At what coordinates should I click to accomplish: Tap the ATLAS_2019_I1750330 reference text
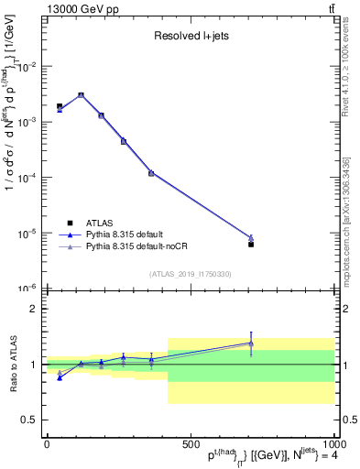[191, 274]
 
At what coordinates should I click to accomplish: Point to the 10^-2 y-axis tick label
[27, 67]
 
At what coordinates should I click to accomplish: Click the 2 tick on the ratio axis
[33, 309]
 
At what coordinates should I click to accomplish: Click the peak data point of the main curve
[81, 94]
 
